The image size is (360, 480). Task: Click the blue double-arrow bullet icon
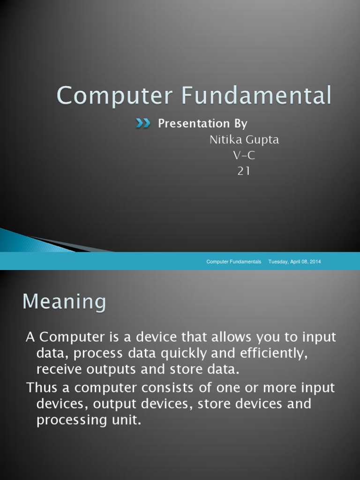tap(143, 123)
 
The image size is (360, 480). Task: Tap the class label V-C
tap(244, 156)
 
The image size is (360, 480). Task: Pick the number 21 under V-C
tap(244, 172)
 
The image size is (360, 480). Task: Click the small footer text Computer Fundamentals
tap(234, 262)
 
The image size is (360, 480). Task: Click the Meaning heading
tap(65, 301)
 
